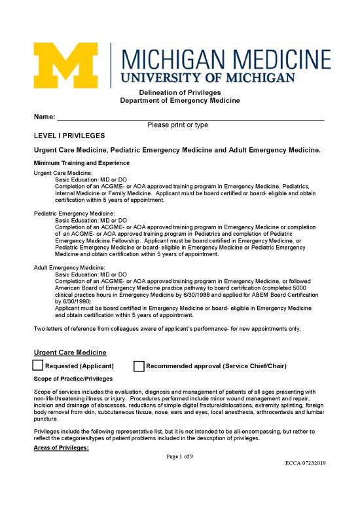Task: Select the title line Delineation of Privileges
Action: [180, 92]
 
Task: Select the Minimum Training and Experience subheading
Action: [82, 162]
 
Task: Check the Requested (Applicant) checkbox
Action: [39, 366]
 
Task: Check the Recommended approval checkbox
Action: [139, 366]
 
